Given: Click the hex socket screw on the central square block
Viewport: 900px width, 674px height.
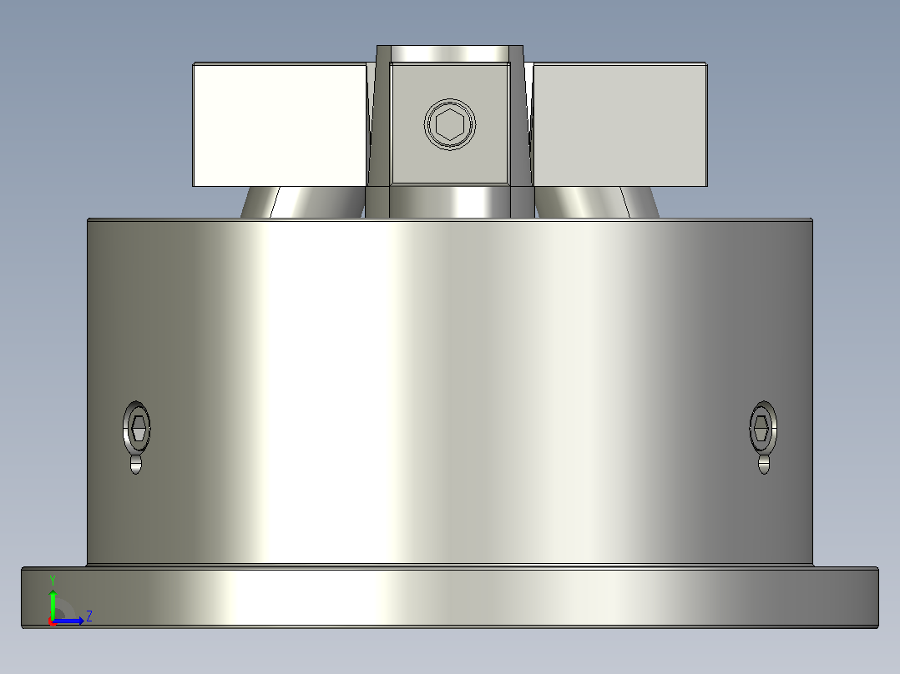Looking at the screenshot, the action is click(450, 124).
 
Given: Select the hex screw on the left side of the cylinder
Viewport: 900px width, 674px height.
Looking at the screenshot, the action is click(137, 428).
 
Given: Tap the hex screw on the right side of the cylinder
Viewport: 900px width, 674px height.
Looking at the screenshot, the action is click(763, 428).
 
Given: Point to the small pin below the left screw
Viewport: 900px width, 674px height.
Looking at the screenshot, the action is click(136, 464).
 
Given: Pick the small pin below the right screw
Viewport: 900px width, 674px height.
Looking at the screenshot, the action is click(764, 464).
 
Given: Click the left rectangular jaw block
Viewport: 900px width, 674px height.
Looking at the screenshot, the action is click(280, 124).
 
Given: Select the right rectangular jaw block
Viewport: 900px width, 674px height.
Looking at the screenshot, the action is click(620, 124).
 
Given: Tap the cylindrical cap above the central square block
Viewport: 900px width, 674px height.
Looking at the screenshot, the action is click(450, 54).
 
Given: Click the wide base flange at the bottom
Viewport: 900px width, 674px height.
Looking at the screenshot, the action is click(450, 597).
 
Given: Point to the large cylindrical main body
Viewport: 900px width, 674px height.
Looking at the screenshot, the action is click(450, 392).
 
